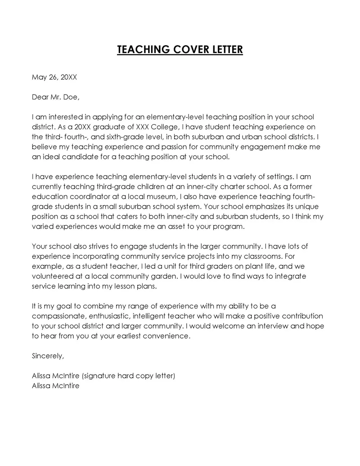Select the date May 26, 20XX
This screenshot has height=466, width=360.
tap(54, 77)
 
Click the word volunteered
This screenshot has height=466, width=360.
tap(52, 276)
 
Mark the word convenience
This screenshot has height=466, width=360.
tap(167, 336)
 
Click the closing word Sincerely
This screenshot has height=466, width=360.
tap(48, 356)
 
